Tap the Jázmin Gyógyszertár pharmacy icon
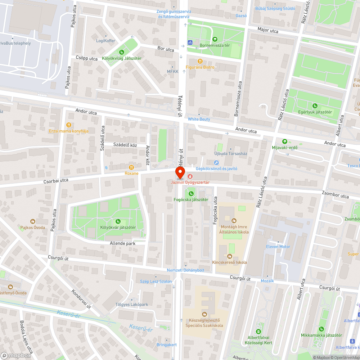point(190,176)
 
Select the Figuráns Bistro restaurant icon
point(201,61)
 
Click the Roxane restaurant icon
point(131,167)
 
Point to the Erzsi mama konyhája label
point(69,131)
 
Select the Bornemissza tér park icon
point(215,39)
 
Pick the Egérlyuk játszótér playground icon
point(315,106)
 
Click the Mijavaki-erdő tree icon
point(285,141)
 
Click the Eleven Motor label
point(278,247)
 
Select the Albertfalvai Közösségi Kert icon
point(258,331)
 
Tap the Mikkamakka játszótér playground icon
point(321,329)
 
